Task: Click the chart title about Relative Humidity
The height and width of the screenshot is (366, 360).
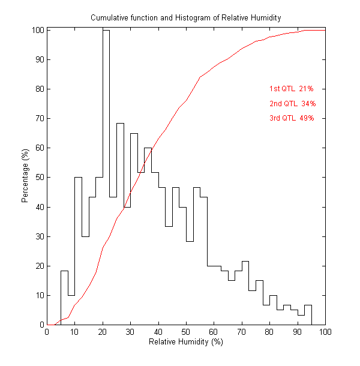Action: click(x=186, y=17)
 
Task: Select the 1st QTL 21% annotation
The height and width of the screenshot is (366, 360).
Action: click(x=292, y=89)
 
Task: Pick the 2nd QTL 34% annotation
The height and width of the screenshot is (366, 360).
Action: click(x=292, y=104)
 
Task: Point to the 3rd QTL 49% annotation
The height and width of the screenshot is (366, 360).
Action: click(x=292, y=118)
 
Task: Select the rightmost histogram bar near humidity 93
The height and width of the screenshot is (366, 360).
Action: click(x=308, y=315)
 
